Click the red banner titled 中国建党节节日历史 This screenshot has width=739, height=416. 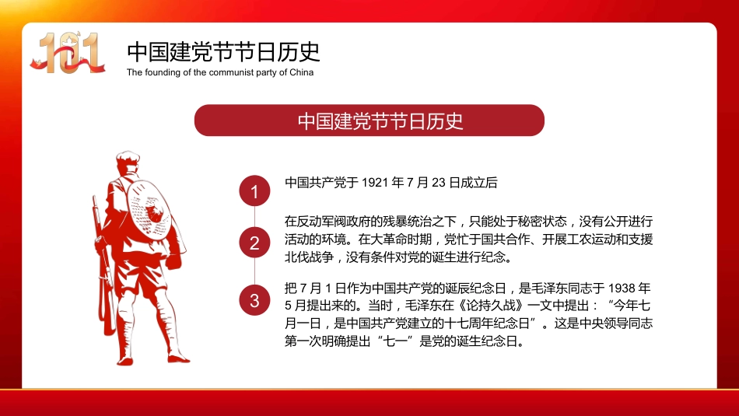369,121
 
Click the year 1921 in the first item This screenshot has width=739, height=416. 377,184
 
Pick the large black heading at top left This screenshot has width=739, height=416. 224,52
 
